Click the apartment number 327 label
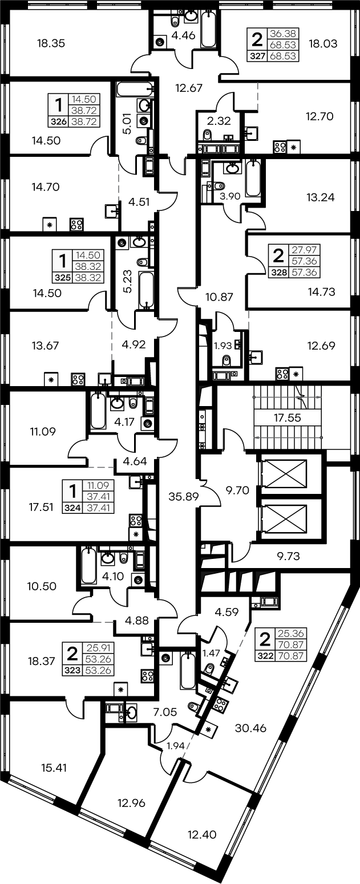coord(258,56)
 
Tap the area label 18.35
coord(51,43)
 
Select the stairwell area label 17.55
coord(288,417)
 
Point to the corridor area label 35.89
coord(183,496)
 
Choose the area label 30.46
coord(250,728)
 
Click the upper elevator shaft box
coord(284,473)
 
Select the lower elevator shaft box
coord(284,518)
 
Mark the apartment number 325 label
coord(63,278)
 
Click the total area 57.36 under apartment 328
coord(305,272)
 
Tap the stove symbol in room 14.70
coord(76,225)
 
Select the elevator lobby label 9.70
coord(237,490)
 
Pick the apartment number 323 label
coord(72,670)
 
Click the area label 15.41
coord(54,768)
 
